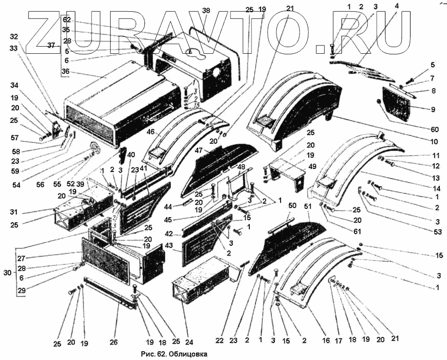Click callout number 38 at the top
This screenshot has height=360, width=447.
[206, 10]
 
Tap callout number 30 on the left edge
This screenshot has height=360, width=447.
[6, 273]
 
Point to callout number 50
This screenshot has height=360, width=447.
[292, 205]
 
